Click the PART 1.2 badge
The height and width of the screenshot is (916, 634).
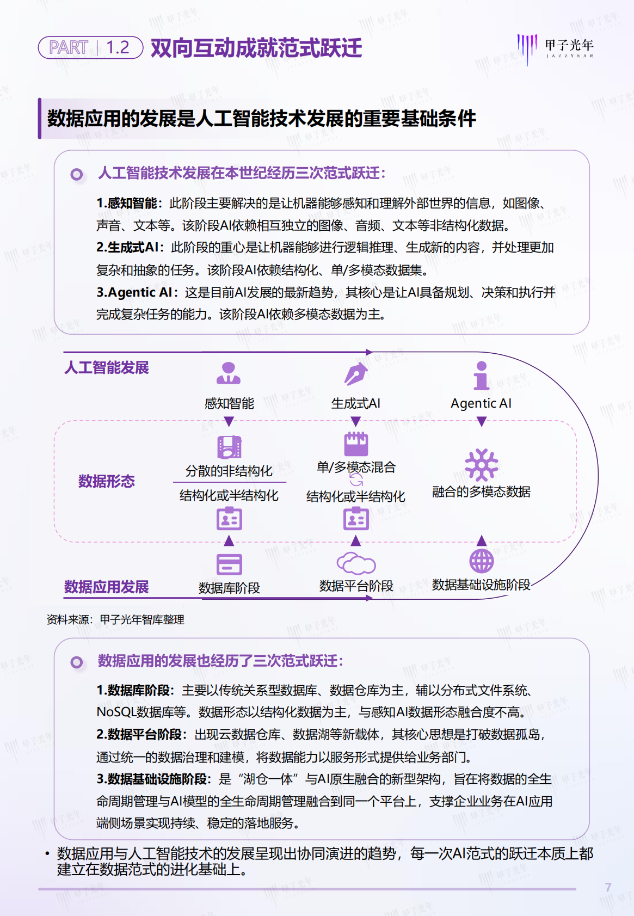tap(90, 47)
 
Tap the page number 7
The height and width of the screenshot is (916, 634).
tap(608, 888)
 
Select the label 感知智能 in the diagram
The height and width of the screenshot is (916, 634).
tap(229, 403)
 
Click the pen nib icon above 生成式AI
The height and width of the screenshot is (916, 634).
tap(356, 374)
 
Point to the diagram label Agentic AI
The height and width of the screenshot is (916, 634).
tap(481, 403)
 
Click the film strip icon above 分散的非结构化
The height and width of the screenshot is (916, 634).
tap(229, 447)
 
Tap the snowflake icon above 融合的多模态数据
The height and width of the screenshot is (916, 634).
tap(481, 464)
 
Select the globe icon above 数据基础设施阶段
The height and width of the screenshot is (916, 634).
tap(481, 561)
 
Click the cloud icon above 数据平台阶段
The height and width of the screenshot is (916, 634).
tap(356, 563)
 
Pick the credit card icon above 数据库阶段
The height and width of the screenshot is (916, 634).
tap(229, 564)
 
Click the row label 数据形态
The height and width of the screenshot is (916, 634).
tap(107, 481)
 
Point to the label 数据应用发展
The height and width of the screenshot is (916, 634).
tap(107, 587)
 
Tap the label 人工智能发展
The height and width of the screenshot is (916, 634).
tap(107, 368)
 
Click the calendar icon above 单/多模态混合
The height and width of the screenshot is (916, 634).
tap(356, 444)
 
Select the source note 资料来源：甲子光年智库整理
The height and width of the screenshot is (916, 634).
tap(115, 619)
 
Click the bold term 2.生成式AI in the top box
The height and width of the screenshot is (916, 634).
tap(128, 248)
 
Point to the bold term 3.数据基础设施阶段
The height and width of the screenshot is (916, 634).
tap(152, 779)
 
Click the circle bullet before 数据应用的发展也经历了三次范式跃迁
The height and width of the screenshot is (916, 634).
tap(77, 662)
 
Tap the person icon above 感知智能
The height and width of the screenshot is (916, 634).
tap(229, 373)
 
